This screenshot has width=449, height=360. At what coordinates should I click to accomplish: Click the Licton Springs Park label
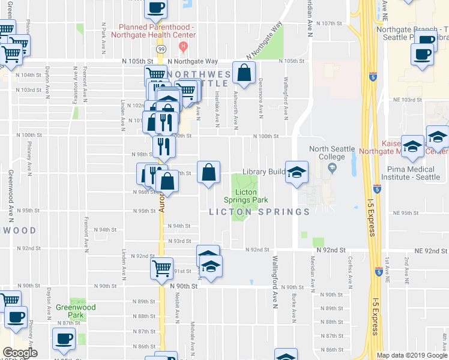pos(244,195)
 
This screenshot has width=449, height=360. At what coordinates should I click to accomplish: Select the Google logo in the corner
pos(19,353)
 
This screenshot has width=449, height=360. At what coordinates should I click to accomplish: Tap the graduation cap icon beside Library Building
pos(297,172)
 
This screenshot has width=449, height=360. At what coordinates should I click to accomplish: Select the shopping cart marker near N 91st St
pos(161,268)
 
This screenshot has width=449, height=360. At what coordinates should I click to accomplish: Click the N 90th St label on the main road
pos(184,287)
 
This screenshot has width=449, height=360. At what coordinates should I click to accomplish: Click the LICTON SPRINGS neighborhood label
pos(259,212)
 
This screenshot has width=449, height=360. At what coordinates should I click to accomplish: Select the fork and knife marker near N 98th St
pos(162,146)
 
